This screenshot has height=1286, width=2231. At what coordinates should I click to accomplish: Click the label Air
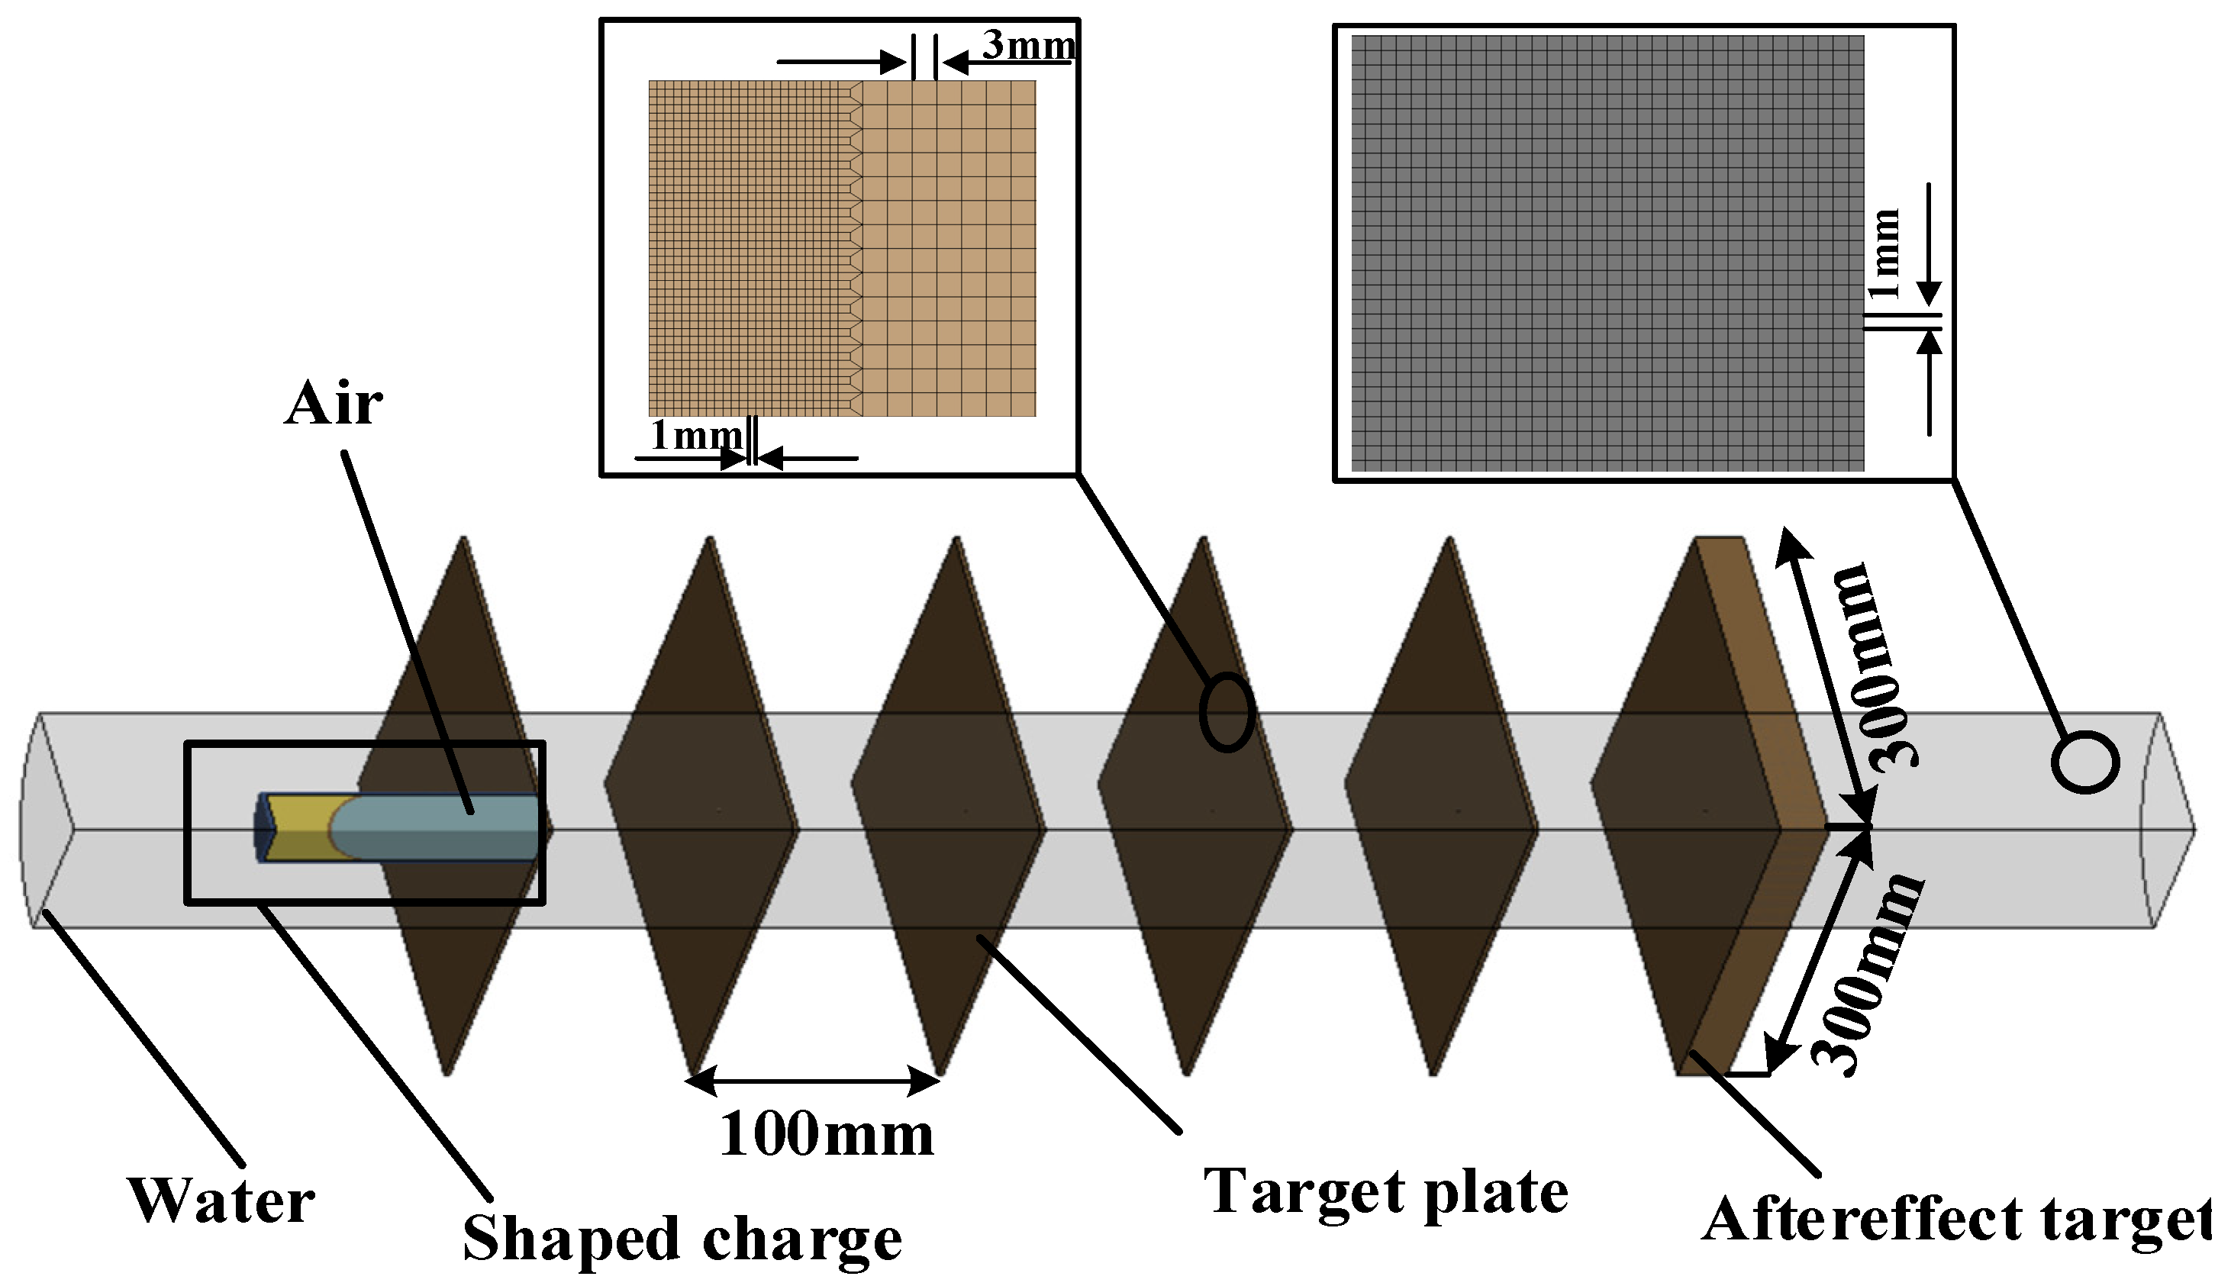click(x=333, y=404)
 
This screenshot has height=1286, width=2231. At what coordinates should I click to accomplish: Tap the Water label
click(x=221, y=1201)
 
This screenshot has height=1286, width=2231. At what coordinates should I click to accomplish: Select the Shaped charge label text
click(x=682, y=1239)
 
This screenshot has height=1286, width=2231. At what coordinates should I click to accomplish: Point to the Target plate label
click(x=1385, y=1192)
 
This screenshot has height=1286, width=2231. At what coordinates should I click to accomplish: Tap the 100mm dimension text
click(x=826, y=1134)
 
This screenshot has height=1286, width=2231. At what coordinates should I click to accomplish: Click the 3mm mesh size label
click(x=1029, y=45)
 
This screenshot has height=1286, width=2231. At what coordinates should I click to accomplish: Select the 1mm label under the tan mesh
click(x=695, y=434)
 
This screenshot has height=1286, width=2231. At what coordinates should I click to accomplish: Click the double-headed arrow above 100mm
click(x=813, y=1080)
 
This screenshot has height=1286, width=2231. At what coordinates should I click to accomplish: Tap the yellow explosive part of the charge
click(x=300, y=826)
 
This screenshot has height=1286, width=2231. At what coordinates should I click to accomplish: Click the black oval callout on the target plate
click(x=1226, y=712)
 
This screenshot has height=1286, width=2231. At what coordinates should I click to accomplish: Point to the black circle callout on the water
click(x=2085, y=762)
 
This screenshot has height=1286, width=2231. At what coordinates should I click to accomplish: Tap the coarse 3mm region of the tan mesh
click(x=949, y=248)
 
